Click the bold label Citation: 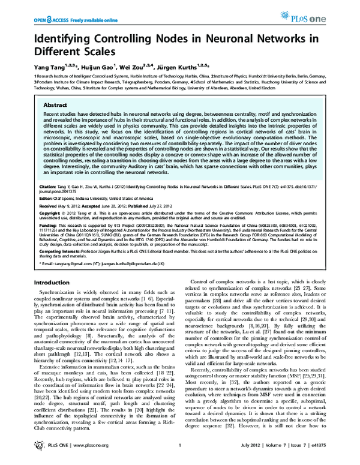point(49,182)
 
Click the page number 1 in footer point(179,454)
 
